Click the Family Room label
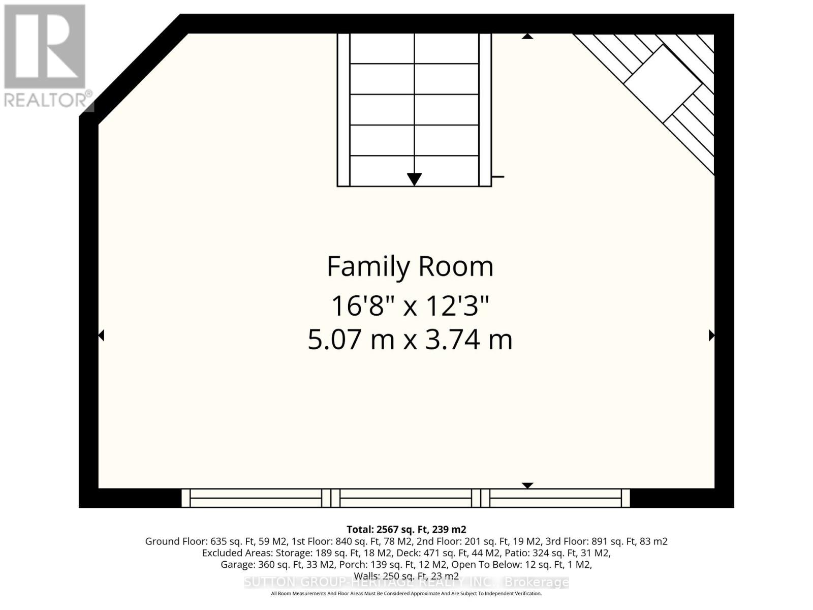coord(410,266)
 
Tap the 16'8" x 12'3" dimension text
coord(410,306)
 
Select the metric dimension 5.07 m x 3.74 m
coord(410,340)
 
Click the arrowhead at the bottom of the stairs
coord(414,179)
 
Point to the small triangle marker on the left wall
coord(101,335)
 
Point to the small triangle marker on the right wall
coord(711,335)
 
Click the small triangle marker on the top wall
coord(527,37)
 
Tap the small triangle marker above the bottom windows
coord(527,485)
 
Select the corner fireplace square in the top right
coord(662,84)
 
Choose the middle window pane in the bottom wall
coord(405,498)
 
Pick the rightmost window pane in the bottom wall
coord(555,498)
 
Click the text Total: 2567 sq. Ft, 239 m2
coord(406,529)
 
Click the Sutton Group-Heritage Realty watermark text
coord(406,583)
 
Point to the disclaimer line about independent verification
coord(406,594)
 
